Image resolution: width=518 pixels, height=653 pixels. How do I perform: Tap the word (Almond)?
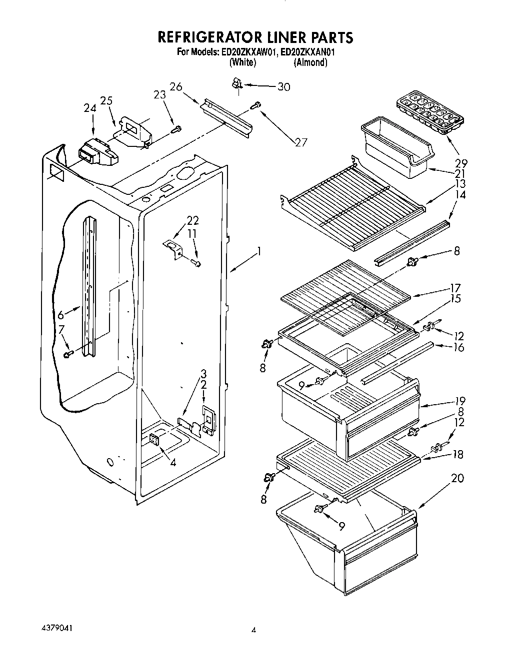pos(310,62)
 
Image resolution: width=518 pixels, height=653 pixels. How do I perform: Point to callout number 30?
pos(283,87)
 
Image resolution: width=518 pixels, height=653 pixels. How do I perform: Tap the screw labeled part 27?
pos(255,105)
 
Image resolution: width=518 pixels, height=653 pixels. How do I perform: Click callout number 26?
pos(175,86)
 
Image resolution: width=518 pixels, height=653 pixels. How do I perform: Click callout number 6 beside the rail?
pos(60,315)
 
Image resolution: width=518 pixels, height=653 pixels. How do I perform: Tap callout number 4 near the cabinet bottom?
pos(172,463)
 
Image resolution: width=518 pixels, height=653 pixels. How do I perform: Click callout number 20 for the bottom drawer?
pos(457,479)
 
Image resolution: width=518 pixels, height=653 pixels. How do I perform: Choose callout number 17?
pos(455,288)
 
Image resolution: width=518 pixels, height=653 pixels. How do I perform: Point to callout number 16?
pos(458,347)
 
